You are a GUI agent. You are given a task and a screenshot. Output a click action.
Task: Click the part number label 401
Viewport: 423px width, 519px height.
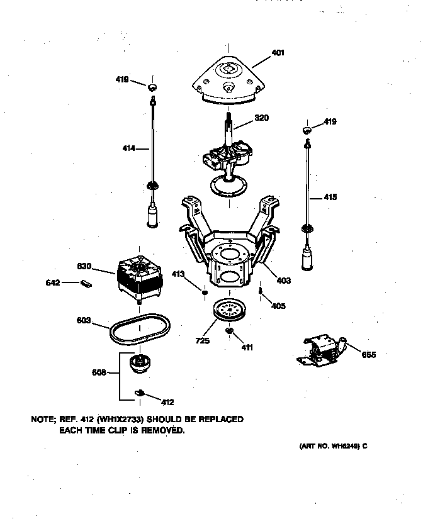point(278,53)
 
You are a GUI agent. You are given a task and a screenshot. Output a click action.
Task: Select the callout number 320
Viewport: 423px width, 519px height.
point(262,118)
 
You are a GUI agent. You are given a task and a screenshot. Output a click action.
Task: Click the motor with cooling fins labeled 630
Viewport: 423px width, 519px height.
point(143,277)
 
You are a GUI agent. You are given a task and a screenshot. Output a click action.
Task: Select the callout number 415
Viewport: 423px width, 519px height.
point(330,197)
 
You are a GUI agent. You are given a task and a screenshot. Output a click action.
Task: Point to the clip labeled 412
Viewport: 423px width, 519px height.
point(140,394)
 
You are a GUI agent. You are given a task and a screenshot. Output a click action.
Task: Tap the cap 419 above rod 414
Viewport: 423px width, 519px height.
point(152,86)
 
